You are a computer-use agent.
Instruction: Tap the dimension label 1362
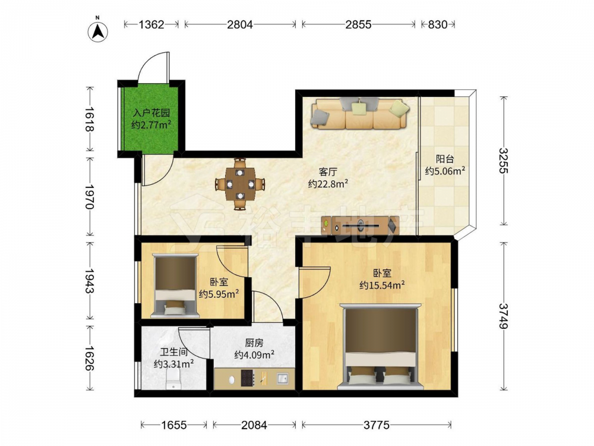pyautogui.click(x=151, y=24)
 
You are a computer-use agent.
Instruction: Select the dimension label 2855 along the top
pyautogui.click(x=358, y=24)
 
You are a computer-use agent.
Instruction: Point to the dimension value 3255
pyautogui.click(x=504, y=161)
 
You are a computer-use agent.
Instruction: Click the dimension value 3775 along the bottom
pyautogui.click(x=377, y=425)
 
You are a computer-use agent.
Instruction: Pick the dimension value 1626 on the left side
pyautogui.click(x=90, y=358)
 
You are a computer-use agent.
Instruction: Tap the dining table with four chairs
pyautogui.click(x=240, y=184)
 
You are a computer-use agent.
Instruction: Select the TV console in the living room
pyautogui.click(x=360, y=225)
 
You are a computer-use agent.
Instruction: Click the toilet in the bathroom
pyautogui.click(x=174, y=379)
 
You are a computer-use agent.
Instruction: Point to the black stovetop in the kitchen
pyautogui.click(x=248, y=378)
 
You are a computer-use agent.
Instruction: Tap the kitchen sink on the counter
pyautogui.click(x=282, y=378)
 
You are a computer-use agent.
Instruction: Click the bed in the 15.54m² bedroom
pyautogui.click(x=380, y=346)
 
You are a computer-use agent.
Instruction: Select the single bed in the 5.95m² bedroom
pyautogui.click(x=175, y=285)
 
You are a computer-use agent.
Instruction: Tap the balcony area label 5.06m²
pyautogui.click(x=445, y=171)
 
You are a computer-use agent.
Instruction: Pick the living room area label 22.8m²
pyautogui.click(x=328, y=184)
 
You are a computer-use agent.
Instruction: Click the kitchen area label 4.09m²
pyautogui.click(x=254, y=355)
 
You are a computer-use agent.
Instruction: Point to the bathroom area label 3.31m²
pyautogui.click(x=174, y=364)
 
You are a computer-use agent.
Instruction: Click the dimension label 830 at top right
pyautogui.click(x=438, y=24)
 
